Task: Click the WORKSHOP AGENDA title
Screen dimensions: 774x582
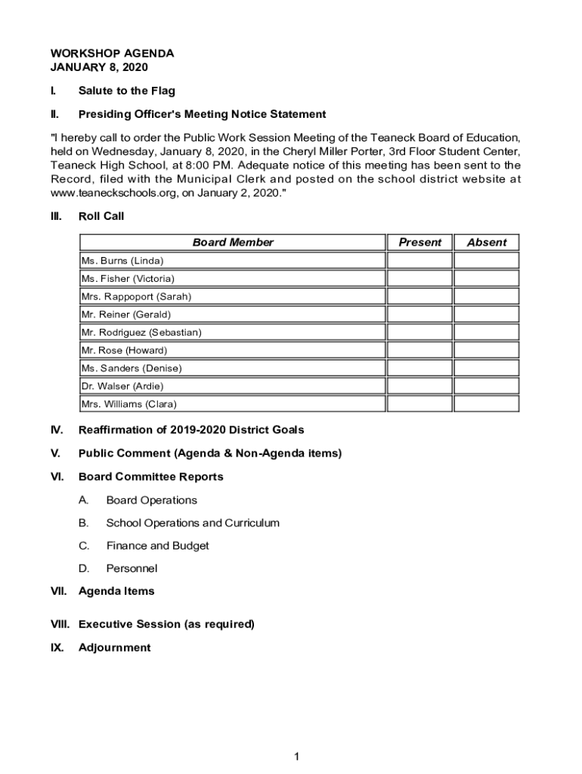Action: pos(112,54)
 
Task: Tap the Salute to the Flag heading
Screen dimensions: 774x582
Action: pos(126,91)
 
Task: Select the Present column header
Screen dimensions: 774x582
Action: pos(419,243)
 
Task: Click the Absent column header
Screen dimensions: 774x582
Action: pos(487,243)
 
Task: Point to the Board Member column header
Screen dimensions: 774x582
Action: pos(233,243)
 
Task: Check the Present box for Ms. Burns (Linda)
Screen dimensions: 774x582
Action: pos(419,261)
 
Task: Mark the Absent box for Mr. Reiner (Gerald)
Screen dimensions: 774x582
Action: pos(487,314)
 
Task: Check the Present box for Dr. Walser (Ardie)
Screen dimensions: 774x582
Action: pos(419,386)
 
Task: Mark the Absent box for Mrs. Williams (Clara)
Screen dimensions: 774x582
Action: pos(487,404)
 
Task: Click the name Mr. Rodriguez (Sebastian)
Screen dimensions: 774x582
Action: pos(141,333)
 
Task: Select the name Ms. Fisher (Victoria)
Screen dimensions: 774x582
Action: pos(128,279)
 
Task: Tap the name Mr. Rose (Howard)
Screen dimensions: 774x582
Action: pos(124,351)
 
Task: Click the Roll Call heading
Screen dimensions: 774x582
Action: pos(101,216)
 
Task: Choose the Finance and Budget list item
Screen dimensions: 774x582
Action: pos(157,546)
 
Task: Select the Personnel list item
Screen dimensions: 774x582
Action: pos(132,568)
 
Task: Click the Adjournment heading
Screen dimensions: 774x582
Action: pos(114,648)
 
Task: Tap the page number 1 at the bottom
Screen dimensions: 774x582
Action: pos(297,757)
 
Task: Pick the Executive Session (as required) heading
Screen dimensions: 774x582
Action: pos(166,624)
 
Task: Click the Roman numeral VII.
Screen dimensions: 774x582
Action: pos(59,591)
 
